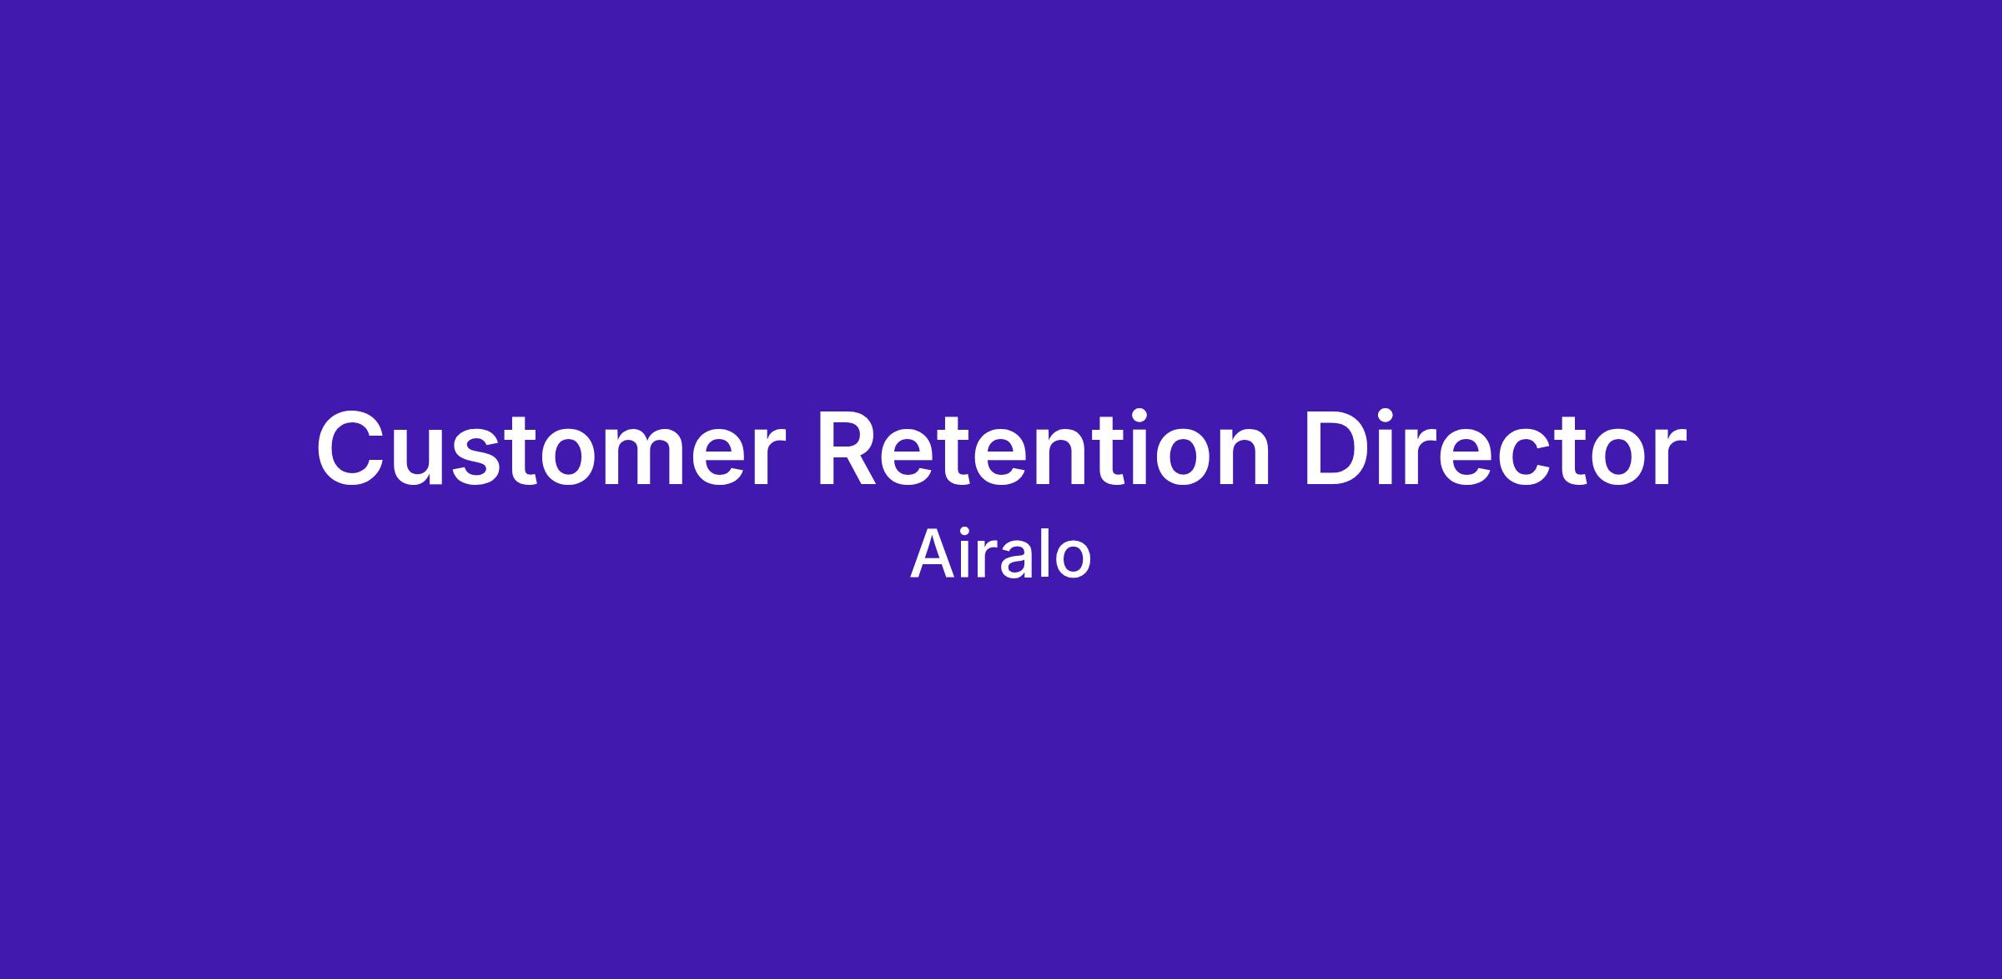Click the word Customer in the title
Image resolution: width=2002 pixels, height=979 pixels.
[x=551, y=447]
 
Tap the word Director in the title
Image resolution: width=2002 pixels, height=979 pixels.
[x=1495, y=447]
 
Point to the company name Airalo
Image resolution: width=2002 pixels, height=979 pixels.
[x=1000, y=554]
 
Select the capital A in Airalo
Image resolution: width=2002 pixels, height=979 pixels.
[x=932, y=554]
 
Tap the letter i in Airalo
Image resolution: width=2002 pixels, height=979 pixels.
[x=965, y=554]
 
